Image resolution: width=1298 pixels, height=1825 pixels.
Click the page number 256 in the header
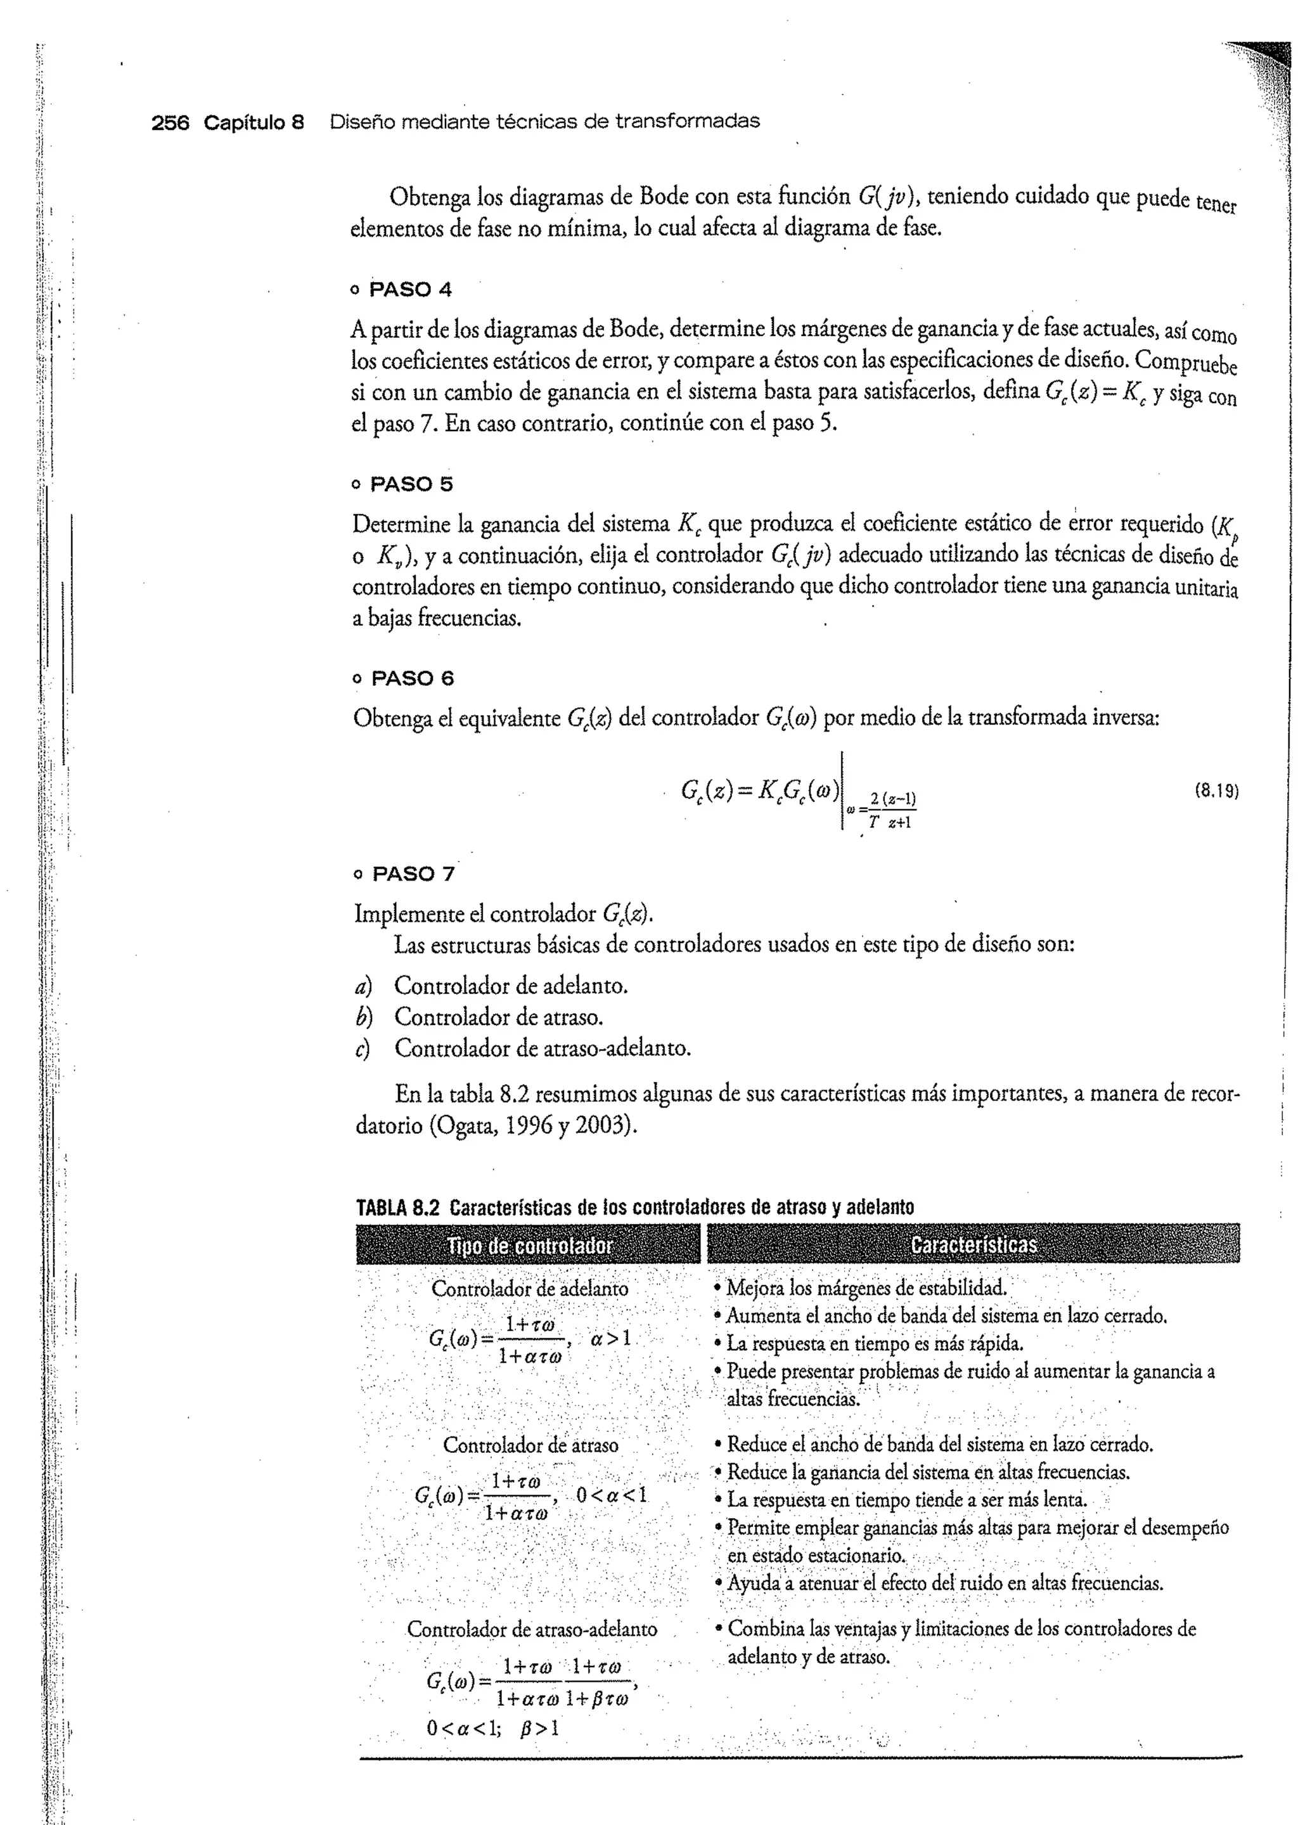pos(170,122)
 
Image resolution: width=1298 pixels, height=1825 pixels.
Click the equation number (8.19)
pos(1216,791)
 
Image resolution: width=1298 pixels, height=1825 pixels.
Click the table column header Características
pos(973,1244)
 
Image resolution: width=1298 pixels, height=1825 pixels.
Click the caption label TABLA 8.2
pos(397,1207)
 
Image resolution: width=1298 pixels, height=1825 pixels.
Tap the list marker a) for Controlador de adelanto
pos(364,986)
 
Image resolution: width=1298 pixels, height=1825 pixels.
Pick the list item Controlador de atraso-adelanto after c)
pos(542,1048)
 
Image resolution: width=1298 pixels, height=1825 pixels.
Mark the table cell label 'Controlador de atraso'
pos(530,1445)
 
